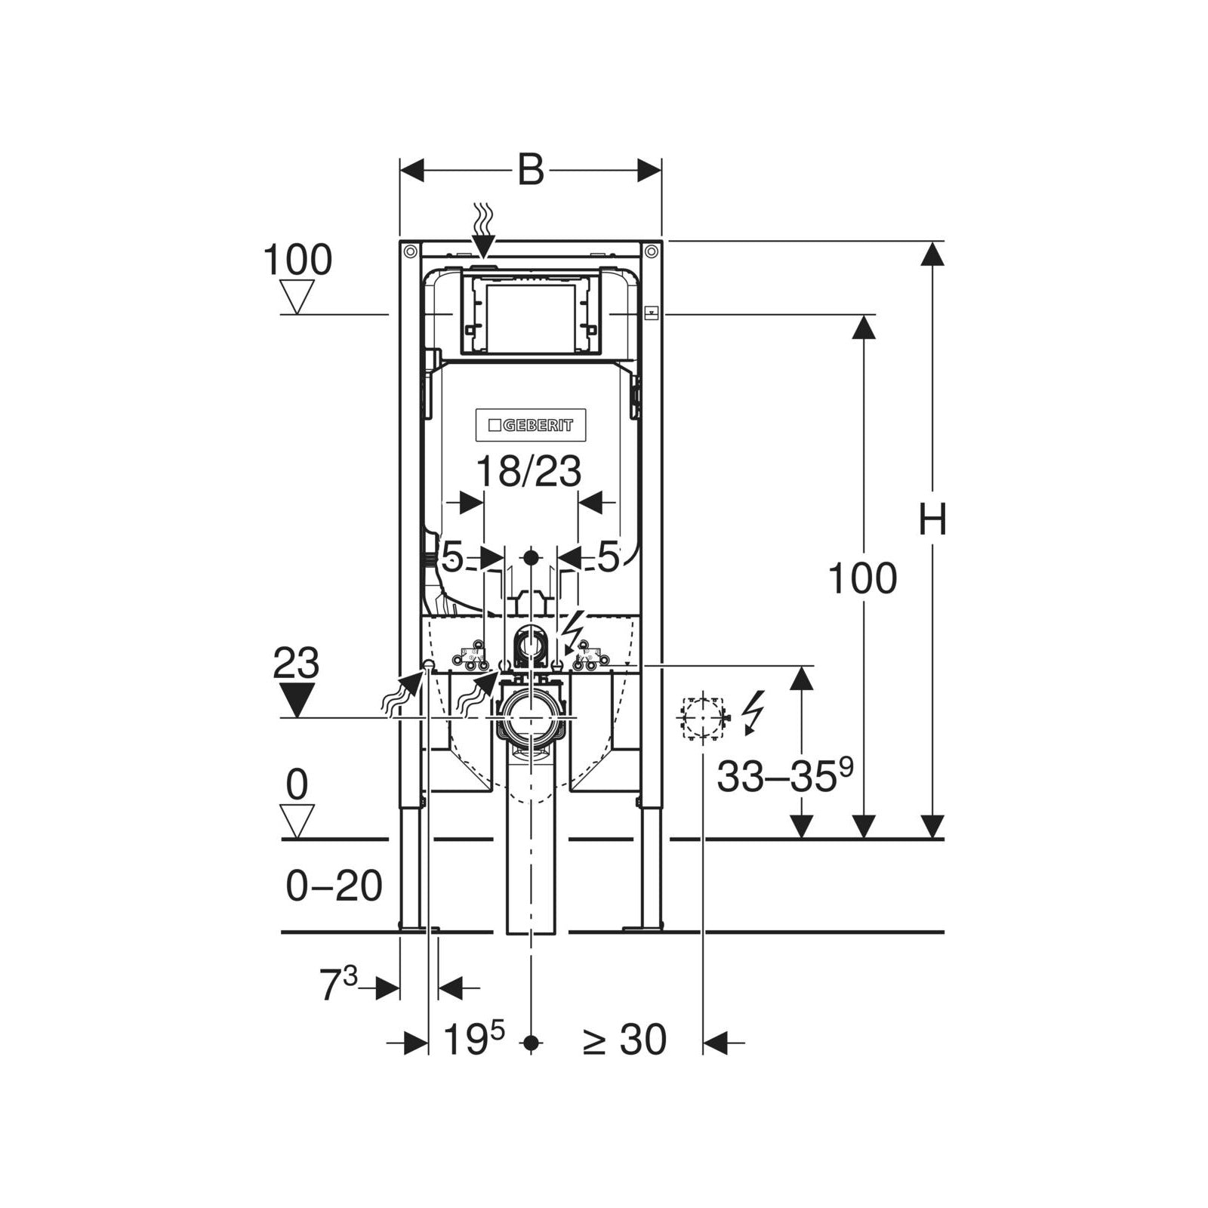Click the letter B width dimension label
531,171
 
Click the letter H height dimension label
933,519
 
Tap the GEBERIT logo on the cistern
531,425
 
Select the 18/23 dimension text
528,473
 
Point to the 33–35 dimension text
785,775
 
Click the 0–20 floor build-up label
334,886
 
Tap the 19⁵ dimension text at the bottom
473,1039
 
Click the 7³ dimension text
338,985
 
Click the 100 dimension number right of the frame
863,578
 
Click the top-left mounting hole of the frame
410,251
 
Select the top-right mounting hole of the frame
651,251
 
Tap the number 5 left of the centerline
452,558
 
